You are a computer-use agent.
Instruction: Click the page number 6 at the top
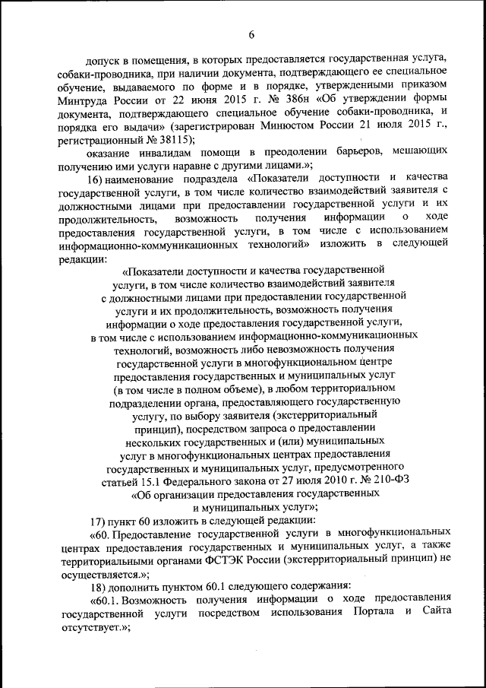[251, 33]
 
